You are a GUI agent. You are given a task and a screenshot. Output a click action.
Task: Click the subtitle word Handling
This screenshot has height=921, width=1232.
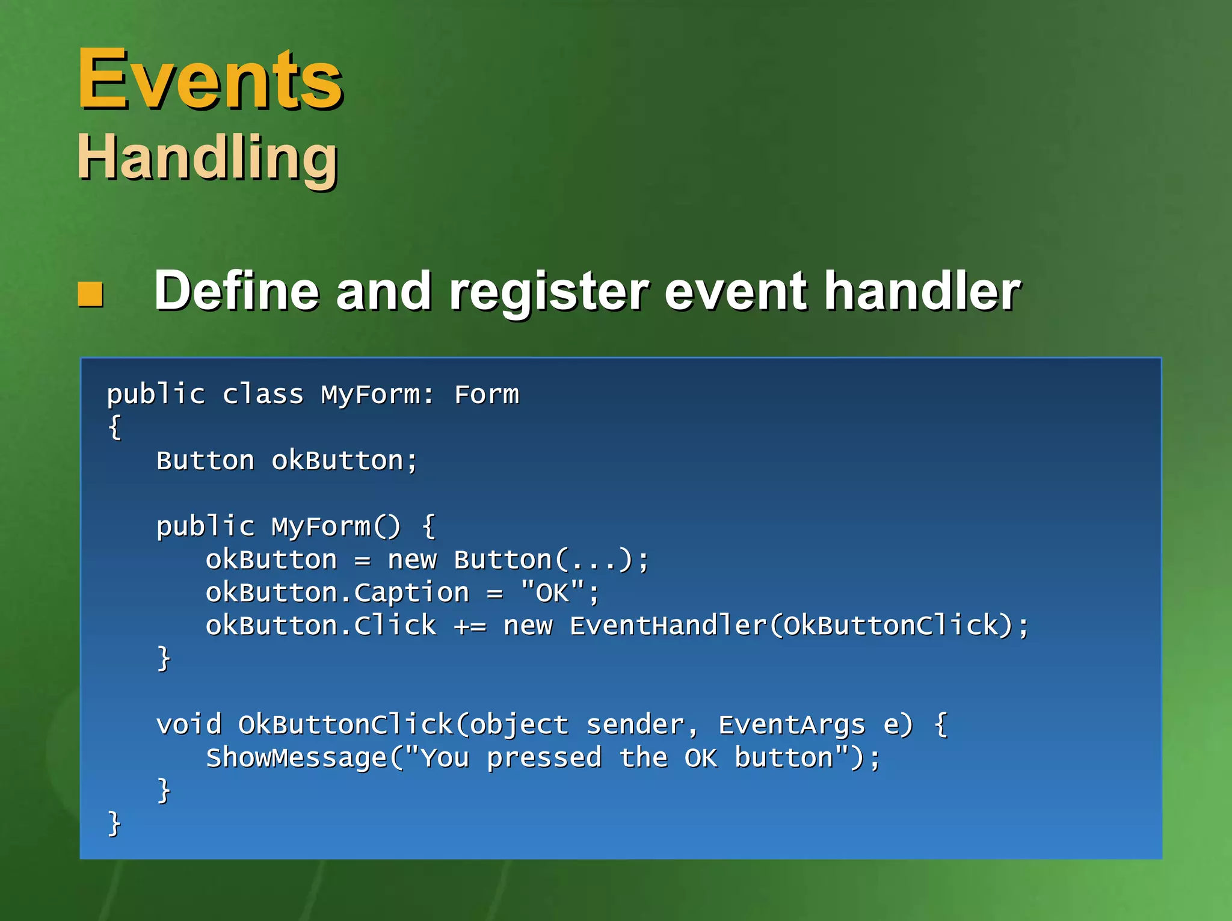[208, 158]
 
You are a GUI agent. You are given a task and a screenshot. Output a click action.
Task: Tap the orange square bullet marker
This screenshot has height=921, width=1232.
[91, 294]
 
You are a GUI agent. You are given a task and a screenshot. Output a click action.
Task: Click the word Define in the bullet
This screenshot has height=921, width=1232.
[235, 291]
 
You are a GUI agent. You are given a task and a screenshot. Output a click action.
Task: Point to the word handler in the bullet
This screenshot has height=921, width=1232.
[922, 291]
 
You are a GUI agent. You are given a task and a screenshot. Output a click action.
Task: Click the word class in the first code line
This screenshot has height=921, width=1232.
[263, 395]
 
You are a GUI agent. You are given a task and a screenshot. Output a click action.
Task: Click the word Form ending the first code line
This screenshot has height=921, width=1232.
[486, 395]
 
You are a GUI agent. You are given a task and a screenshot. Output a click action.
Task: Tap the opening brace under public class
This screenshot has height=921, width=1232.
[114, 428]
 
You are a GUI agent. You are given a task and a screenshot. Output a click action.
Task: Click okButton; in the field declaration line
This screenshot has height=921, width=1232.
[344, 461]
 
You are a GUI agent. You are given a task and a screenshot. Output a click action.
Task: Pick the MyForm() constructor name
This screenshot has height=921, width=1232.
[336, 527]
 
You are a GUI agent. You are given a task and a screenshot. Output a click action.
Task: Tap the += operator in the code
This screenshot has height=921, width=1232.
[470, 626]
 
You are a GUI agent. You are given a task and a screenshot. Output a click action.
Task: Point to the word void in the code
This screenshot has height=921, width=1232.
[189, 724]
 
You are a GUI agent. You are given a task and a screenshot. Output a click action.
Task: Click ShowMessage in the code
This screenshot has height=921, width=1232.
[296, 758]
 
